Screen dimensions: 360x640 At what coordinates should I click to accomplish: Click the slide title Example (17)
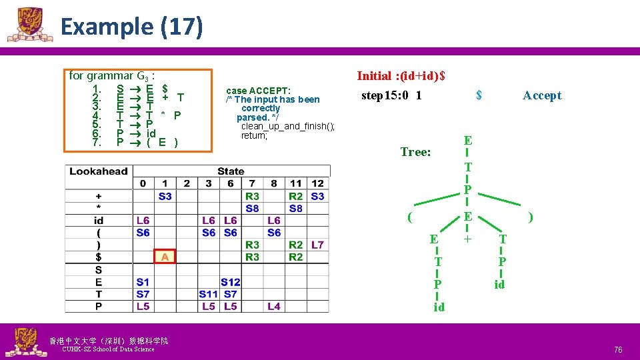pyautogui.click(x=131, y=27)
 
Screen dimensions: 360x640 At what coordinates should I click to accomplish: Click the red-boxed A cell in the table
pyautogui.click(x=164, y=257)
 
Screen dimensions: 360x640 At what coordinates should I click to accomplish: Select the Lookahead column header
pyautogui.click(x=98, y=171)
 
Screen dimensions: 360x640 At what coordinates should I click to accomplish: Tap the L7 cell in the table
pyautogui.click(x=317, y=245)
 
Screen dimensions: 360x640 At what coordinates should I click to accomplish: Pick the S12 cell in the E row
pyautogui.click(x=230, y=282)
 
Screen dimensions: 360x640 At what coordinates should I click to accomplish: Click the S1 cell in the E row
pyautogui.click(x=143, y=282)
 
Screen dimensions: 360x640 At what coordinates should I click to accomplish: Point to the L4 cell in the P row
pyautogui.click(x=273, y=306)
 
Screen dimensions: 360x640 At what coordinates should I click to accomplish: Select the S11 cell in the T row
pyautogui.click(x=208, y=294)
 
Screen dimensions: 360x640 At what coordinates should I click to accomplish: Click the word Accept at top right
pyautogui.click(x=542, y=95)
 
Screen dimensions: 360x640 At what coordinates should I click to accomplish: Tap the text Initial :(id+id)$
pyautogui.click(x=401, y=76)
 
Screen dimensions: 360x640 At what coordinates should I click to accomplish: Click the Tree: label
pyautogui.click(x=415, y=152)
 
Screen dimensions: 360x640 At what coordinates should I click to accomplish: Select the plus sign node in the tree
pyautogui.click(x=468, y=238)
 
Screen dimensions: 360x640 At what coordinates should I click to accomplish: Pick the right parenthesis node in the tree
pyautogui.click(x=530, y=217)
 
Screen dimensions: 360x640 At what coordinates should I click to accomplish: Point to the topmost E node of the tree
pyautogui.click(x=468, y=140)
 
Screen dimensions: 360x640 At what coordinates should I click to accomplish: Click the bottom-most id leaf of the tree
pyautogui.click(x=439, y=307)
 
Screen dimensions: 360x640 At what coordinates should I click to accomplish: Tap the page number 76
pyautogui.click(x=618, y=350)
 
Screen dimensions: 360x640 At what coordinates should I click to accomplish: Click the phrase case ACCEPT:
pyautogui.click(x=258, y=91)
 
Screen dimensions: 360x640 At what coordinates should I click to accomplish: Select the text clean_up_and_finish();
pyautogui.click(x=288, y=127)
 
